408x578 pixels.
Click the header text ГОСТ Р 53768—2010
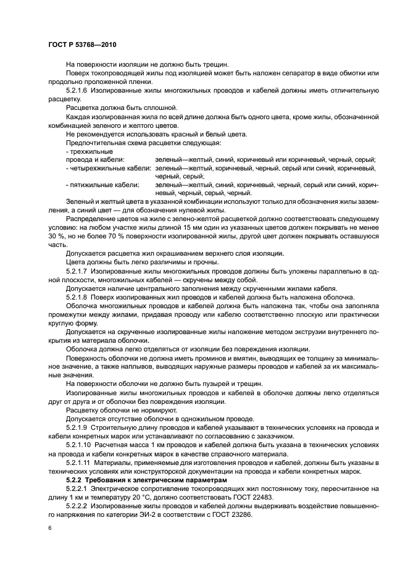(81, 46)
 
